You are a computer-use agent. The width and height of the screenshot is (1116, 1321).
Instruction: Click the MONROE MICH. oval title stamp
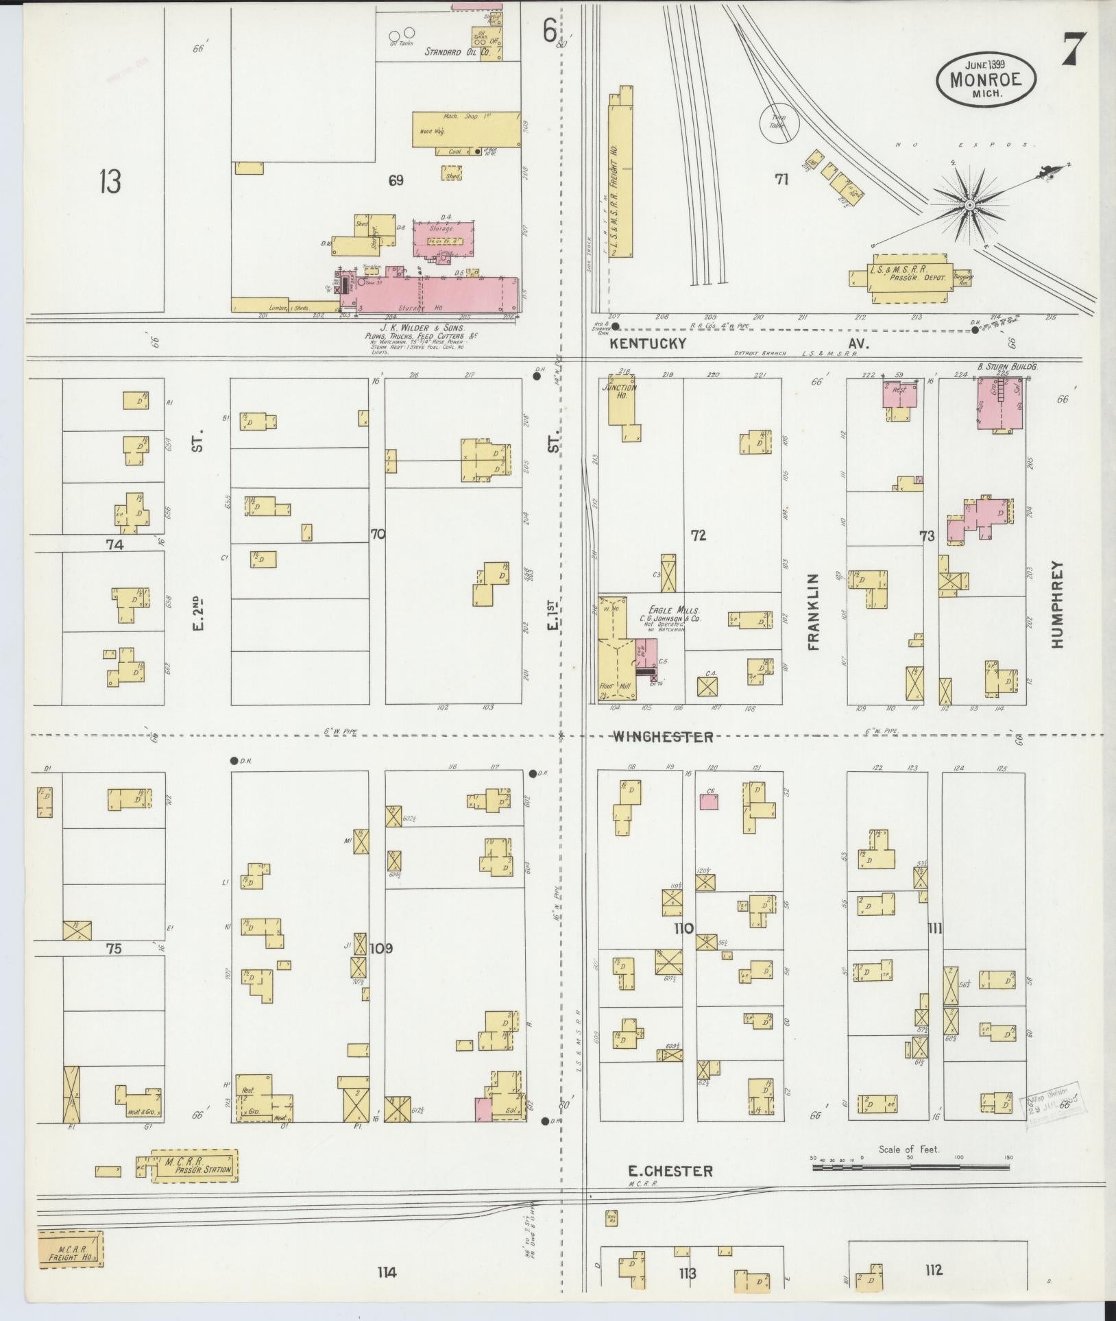pyautogui.click(x=986, y=80)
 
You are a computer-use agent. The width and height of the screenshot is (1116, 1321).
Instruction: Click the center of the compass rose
pyautogui.click(x=970, y=205)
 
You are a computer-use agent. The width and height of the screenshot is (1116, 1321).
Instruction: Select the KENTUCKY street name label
pyautogui.click(x=648, y=343)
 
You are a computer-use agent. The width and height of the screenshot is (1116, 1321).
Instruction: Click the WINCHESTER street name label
pyautogui.click(x=662, y=738)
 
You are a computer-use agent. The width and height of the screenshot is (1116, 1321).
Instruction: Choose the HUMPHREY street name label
pyautogui.click(x=1056, y=605)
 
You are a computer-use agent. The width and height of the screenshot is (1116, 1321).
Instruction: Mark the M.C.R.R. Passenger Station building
pyautogui.click(x=195, y=1165)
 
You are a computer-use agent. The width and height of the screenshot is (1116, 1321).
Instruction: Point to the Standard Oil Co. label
pyautogui.click(x=457, y=51)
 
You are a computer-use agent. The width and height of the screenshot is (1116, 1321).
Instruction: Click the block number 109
pyautogui.click(x=381, y=949)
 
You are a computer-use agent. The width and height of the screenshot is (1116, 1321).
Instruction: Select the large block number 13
pyautogui.click(x=109, y=182)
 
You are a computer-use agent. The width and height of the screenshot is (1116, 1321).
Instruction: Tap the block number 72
pyautogui.click(x=698, y=535)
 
